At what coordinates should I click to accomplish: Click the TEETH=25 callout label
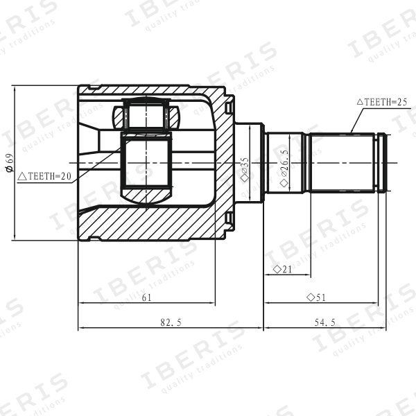[x=382, y=102]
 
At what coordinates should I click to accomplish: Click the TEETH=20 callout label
[x=44, y=176]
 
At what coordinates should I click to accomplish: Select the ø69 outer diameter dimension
[x=10, y=163]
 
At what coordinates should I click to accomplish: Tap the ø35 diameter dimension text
[x=245, y=170]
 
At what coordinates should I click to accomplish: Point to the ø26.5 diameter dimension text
[x=284, y=168]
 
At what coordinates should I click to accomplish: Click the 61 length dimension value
[x=146, y=297]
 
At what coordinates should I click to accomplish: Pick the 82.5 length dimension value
[x=171, y=322]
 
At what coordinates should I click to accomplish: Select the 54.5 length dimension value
[x=325, y=322]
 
